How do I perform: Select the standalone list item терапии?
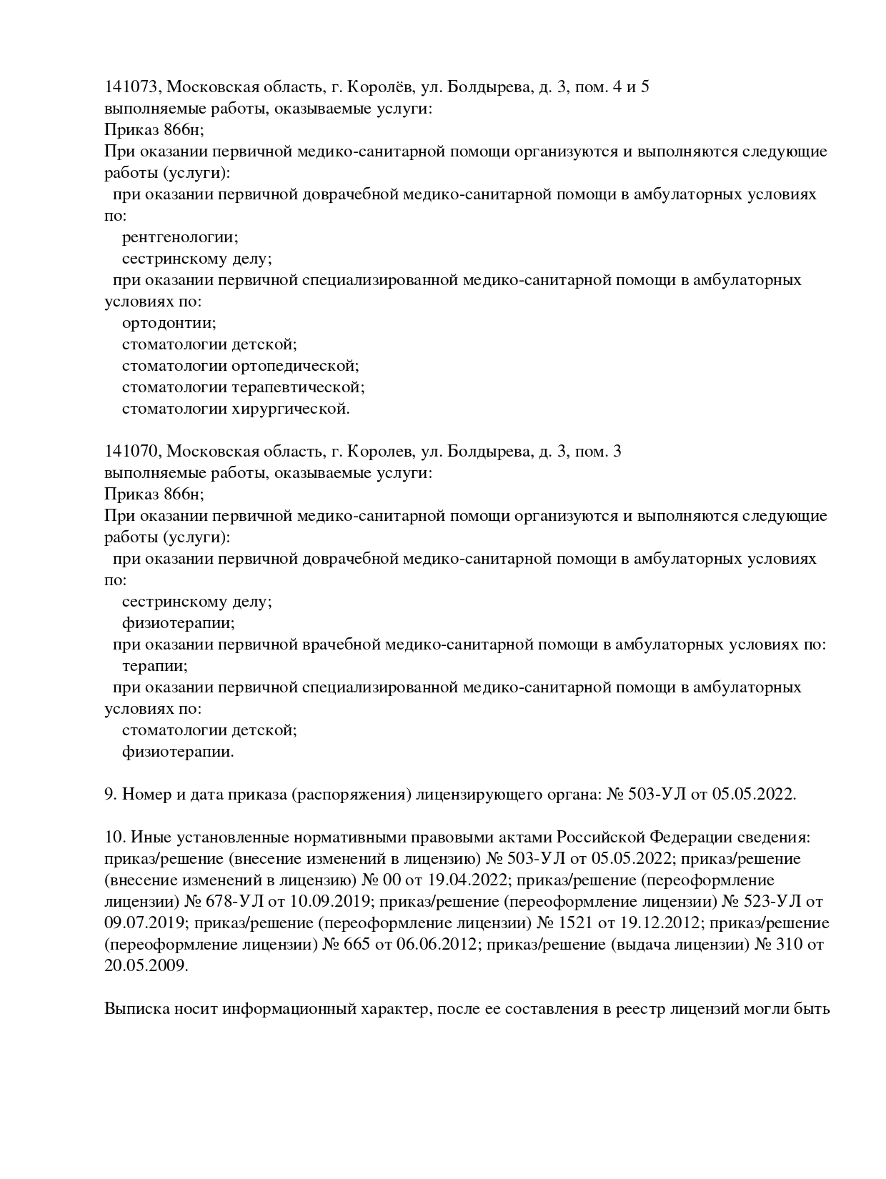coord(155,666)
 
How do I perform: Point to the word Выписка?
coord(136,1009)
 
